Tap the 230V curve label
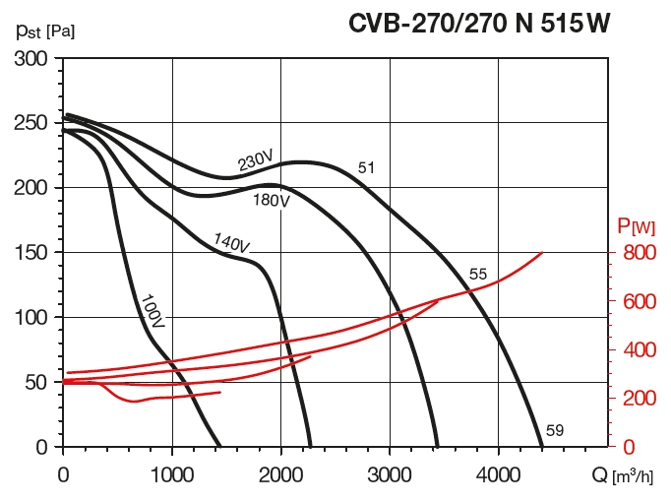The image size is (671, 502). coord(255,161)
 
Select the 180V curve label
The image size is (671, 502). coord(272,200)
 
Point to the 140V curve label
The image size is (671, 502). coord(231,241)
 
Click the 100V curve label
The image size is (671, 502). coord(152,309)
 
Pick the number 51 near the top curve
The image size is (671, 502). coord(366,168)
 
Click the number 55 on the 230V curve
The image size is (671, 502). coord(478,274)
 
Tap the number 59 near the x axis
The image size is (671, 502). coord(555,430)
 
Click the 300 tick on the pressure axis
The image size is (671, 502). coord(34,59)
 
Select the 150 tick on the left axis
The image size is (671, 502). coord(34,253)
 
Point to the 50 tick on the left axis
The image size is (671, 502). coord(40,382)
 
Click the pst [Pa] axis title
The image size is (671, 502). coord(45,29)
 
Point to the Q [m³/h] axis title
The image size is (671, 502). coord(622,475)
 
